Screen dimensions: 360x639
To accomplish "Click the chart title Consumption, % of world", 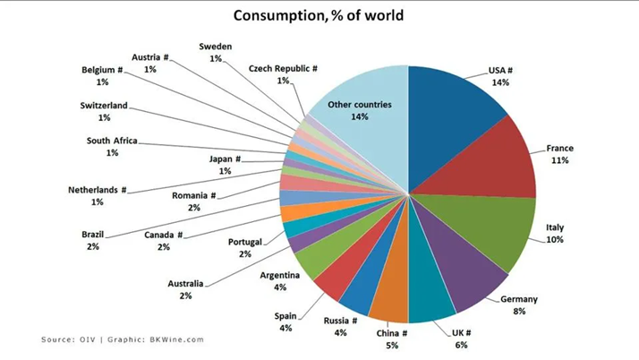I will tap(318, 15).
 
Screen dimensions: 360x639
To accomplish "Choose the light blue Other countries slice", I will tap(362, 125).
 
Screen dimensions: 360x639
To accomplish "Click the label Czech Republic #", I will tap(284, 68).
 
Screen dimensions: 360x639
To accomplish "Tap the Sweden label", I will tap(215, 46).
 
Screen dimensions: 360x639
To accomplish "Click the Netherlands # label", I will tap(98, 190).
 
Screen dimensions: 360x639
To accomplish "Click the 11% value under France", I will tap(559, 160).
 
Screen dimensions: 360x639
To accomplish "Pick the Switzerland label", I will tap(105, 105).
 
